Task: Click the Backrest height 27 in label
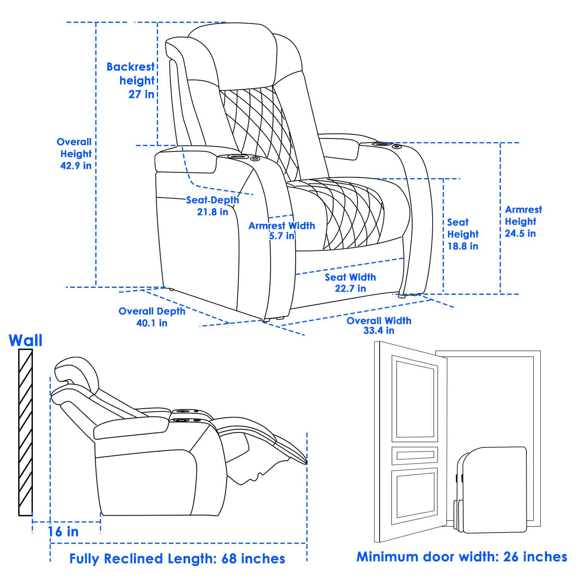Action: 131,81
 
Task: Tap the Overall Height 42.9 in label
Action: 76,154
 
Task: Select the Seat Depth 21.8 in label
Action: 213,206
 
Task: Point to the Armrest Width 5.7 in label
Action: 282,230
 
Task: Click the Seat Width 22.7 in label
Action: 350,283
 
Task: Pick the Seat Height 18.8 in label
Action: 463,234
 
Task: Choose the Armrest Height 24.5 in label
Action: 523,221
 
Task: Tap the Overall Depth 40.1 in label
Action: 152,317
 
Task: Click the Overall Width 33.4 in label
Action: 379,325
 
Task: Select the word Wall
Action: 26,340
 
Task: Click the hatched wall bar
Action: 26,432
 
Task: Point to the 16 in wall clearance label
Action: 63,532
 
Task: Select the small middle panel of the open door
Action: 415,456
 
